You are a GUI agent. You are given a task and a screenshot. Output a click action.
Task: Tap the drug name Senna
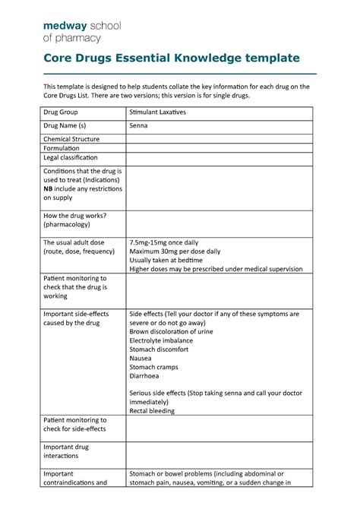[139, 125]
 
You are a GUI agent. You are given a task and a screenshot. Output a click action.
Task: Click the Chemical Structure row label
[71, 139]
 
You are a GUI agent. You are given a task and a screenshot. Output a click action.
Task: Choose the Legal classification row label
[71, 158]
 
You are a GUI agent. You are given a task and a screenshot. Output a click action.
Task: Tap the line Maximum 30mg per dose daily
[175, 251]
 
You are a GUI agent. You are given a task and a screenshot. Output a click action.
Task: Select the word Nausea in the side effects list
[141, 358]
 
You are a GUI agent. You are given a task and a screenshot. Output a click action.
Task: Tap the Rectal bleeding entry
[152, 411]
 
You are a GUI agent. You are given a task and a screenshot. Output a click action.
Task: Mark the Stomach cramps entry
[154, 367]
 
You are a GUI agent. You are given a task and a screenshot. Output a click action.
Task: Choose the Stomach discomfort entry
[160, 349]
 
